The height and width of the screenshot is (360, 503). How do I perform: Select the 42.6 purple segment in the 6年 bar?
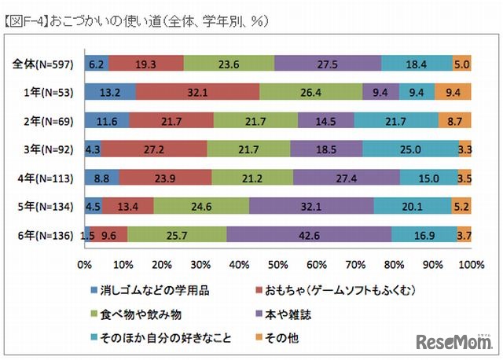309,233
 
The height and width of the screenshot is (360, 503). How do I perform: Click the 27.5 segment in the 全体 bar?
328,64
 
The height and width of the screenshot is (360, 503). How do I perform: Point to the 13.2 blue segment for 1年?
110,92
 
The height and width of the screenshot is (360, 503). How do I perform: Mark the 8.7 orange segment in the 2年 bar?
455,120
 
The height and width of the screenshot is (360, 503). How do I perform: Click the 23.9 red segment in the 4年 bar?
165,177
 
